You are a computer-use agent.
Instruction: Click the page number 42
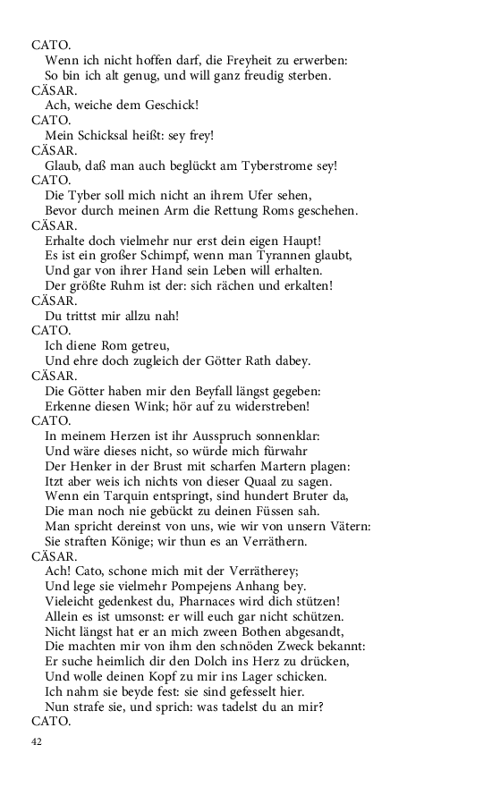(37, 741)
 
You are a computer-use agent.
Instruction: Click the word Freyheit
(232, 60)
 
